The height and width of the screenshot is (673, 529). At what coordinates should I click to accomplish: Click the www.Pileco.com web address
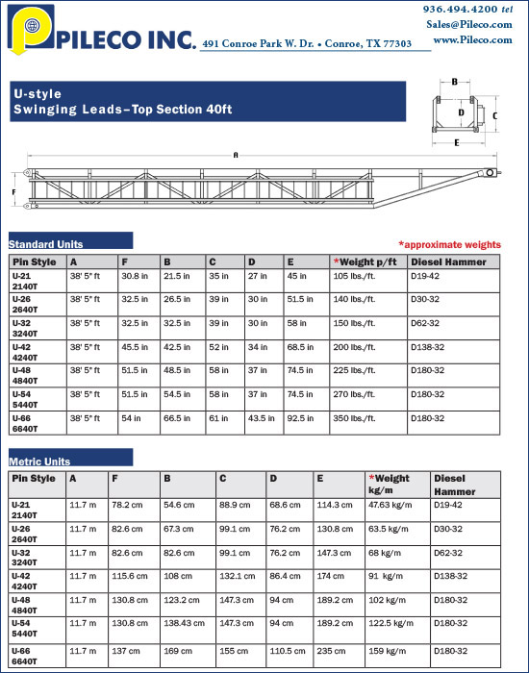click(x=472, y=39)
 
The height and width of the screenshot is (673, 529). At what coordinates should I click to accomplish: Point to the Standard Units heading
click(x=46, y=244)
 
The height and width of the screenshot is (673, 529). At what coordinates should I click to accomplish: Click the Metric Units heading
click(x=39, y=461)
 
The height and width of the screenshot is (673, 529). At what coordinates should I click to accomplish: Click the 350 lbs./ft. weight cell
click(x=354, y=418)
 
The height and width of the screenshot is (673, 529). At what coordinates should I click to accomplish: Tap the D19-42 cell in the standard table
click(x=426, y=276)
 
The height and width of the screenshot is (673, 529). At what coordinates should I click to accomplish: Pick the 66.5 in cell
click(x=177, y=418)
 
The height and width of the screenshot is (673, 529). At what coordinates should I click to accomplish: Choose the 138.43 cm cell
click(x=185, y=623)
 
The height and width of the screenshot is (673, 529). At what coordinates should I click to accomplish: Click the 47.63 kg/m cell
click(x=390, y=504)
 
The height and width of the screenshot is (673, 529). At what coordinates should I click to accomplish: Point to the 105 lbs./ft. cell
click(x=354, y=276)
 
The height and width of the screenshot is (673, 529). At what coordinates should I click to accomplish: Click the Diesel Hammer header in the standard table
click(x=448, y=261)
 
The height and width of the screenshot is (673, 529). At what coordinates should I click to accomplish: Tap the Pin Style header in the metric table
click(x=34, y=478)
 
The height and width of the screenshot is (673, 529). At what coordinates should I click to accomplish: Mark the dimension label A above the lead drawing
click(x=235, y=154)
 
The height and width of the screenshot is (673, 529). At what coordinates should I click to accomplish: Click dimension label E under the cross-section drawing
click(x=456, y=142)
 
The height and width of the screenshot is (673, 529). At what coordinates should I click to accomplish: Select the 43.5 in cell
click(x=260, y=418)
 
